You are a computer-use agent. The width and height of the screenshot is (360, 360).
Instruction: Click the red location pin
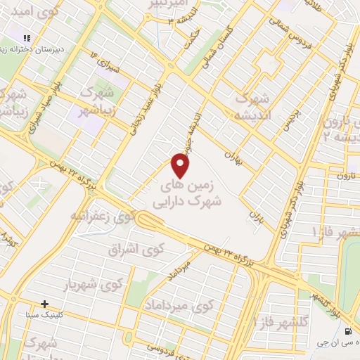[x=181, y=167]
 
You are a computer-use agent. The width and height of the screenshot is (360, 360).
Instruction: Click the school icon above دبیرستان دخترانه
[x=27, y=38]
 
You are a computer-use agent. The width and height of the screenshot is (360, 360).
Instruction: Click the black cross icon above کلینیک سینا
[x=46, y=304]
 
